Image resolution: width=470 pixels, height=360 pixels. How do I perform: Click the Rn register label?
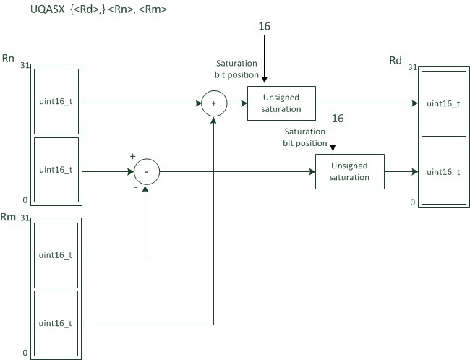(x=9, y=57)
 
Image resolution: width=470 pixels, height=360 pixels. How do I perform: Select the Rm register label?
(x=9, y=218)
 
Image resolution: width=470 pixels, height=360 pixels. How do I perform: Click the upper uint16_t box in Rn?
(x=56, y=102)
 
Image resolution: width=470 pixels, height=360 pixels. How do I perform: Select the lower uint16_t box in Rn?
(x=56, y=171)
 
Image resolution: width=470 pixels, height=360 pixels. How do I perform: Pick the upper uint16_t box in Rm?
(x=56, y=254)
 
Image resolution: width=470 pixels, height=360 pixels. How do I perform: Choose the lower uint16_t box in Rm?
(x=56, y=323)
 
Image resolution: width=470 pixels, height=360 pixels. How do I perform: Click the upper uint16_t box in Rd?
(x=443, y=103)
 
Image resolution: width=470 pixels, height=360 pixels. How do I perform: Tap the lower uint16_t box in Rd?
(x=443, y=172)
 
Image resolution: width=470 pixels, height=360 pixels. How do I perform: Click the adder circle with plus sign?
(x=213, y=104)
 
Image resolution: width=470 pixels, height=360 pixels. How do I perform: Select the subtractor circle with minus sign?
(x=145, y=172)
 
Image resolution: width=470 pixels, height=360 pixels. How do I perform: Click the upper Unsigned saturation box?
(x=281, y=103)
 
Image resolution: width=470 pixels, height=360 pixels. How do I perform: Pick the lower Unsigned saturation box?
(x=349, y=172)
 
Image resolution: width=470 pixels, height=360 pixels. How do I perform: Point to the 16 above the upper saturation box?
(x=265, y=27)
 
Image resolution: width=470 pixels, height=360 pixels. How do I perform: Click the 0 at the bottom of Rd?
(x=413, y=202)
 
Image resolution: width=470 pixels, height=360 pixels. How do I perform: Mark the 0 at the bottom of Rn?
(x=25, y=200)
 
